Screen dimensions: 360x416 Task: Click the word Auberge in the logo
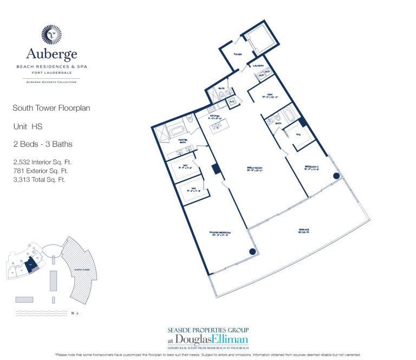pyautogui.click(x=52, y=54)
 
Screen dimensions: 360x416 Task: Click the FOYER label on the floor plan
pyautogui.click(x=237, y=54)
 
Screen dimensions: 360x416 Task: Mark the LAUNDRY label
pyautogui.click(x=258, y=66)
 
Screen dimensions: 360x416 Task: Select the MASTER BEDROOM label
pyautogui.click(x=221, y=233)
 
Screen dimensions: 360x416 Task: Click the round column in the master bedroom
pyautogui.click(x=252, y=252)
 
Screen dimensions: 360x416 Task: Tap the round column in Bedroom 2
pyautogui.click(x=336, y=176)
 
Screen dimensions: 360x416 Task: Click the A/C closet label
pyautogui.click(x=231, y=101)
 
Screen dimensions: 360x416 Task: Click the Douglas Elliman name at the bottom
pyautogui.click(x=225, y=340)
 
